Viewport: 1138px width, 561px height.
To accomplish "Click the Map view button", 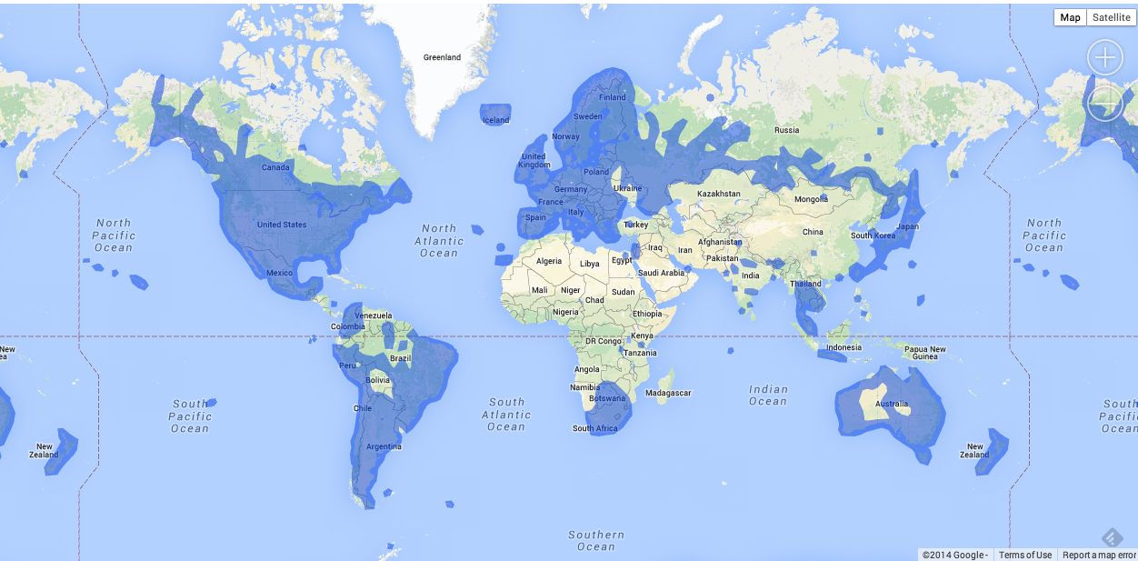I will (1070, 17).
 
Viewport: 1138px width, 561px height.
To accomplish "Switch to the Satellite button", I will (1111, 17).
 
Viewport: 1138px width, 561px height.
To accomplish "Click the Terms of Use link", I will (1024, 555).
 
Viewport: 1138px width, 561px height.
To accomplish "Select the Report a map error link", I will (1099, 555).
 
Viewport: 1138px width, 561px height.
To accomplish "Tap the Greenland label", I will (442, 57).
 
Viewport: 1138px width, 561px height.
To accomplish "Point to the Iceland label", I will (495, 120).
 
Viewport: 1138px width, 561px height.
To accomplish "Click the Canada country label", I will (275, 167).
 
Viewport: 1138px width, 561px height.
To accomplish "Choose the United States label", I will (282, 225).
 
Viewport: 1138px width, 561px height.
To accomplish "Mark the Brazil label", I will (400, 358).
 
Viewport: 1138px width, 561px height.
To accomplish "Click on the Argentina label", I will (384, 446).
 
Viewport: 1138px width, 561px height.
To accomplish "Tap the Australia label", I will (892, 404).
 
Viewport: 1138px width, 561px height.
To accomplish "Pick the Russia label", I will (786, 130).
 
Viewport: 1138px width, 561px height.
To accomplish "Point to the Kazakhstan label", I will (718, 194).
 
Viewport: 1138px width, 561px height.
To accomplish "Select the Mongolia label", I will (811, 199).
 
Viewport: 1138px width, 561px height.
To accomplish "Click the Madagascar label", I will (668, 393).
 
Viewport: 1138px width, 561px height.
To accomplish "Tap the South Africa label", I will (594, 428).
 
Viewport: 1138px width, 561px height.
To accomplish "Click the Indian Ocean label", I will (768, 395).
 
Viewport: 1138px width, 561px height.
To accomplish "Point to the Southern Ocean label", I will (596, 540).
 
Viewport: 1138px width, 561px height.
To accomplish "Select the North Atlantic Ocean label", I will (439, 240).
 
